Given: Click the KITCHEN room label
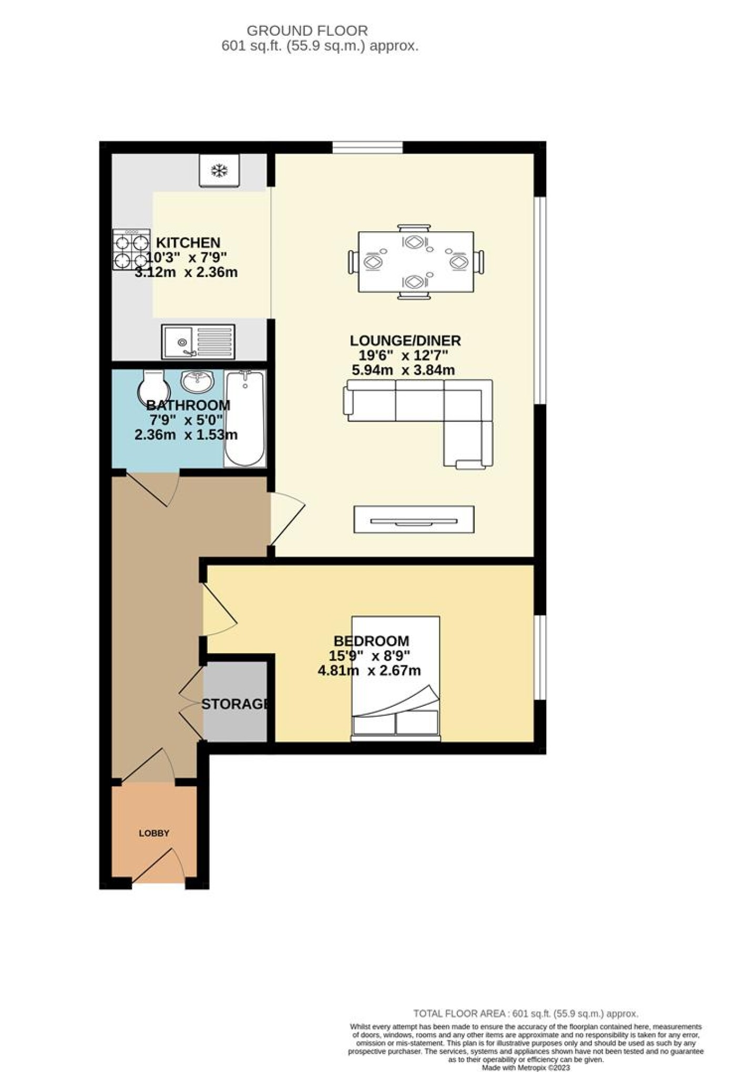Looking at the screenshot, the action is point(188,243).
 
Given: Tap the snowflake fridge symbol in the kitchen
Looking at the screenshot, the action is point(219,170).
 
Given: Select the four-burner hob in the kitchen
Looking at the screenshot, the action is point(131,250).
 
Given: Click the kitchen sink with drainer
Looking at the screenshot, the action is point(198,342).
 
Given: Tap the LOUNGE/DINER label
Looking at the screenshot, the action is point(405,341).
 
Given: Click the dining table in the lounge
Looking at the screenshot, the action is point(416,262).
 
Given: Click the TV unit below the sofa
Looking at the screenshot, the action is point(414,520).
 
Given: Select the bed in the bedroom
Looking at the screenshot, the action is point(395,678).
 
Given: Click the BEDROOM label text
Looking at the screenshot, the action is point(371,641).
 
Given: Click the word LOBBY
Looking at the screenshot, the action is point(154,833).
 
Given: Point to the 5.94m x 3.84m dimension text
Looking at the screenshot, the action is point(403,370).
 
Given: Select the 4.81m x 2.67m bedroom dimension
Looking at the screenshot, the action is point(369,671).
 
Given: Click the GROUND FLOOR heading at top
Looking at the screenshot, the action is point(307,30).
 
